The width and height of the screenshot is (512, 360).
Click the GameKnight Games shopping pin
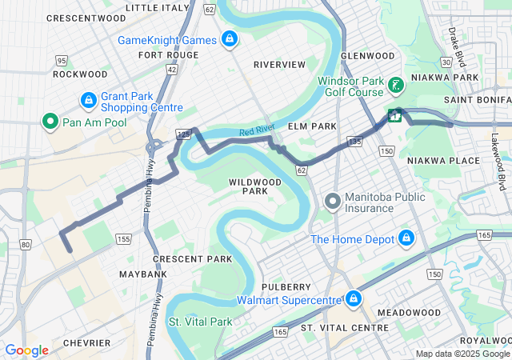(x=230, y=39)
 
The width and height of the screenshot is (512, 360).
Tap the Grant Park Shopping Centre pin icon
(x=89, y=101)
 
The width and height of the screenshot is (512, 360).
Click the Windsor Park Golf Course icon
(x=395, y=85)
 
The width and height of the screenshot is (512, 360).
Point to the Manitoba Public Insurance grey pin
(x=333, y=201)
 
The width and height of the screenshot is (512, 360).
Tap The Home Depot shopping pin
(x=406, y=238)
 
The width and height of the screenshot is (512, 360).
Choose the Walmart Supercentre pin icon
(x=352, y=299)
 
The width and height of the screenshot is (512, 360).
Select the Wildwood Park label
(x=255, y=186)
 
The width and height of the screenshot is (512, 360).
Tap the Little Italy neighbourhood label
(x=158, y=7)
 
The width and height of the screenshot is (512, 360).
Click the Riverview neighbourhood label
(x=279, y=64)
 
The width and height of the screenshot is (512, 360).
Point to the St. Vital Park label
(x=199, y=322)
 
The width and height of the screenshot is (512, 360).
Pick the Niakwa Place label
(x=443, y=161)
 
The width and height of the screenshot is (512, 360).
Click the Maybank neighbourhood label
(x=143, y=274)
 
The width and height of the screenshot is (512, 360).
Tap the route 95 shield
(x=62, y=60)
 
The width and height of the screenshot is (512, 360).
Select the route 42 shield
(x=172, y=70)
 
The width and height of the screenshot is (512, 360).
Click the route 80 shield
(x=26, y=244)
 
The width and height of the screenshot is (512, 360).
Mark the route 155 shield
(x=122, y=238)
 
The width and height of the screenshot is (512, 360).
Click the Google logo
(x=26, y=350)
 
